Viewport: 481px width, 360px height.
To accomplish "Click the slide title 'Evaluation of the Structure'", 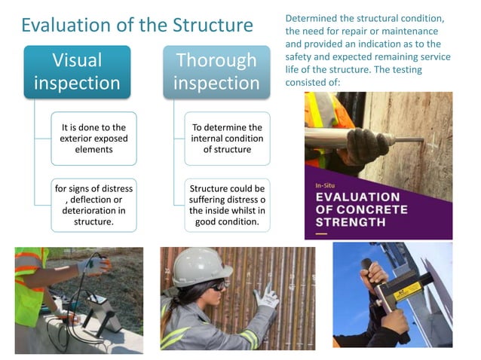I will click(x=136, y=25).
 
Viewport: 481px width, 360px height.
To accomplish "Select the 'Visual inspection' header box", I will click(x=76, y=71).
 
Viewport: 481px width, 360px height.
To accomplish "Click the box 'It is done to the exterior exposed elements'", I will click(x=94, y=138).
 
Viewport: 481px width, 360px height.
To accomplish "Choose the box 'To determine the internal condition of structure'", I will click(x=227, y=138).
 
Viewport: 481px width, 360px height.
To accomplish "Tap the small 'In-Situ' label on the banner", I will click(x=326, y=184).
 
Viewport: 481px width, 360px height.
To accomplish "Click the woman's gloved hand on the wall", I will click(x=266, y=298).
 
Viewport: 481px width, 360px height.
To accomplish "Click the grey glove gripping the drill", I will click(x=369, y=144).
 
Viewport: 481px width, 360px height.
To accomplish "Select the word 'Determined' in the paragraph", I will click(x=312, y=17).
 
